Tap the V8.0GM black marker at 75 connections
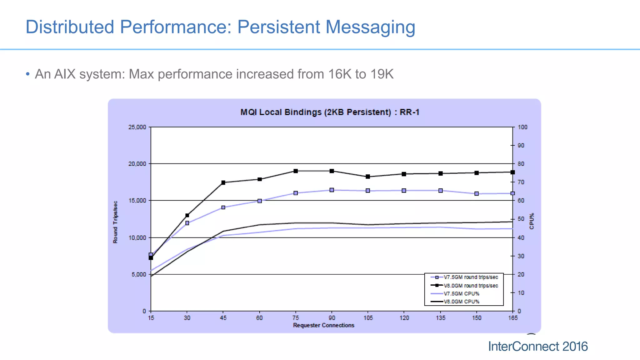[x=296, y=171]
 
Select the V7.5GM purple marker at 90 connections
[x=332, y=190]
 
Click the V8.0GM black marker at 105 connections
[x=368, y=177]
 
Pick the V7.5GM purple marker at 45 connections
[x=223, y=207]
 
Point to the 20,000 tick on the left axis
[x=137, y=164]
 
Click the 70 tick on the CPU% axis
[x=521, y=182]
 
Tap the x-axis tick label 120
[x=404, y=318]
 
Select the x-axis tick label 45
[x=223, y=318]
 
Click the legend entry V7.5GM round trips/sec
[x=470, y=277]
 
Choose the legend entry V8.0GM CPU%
[x=461, y=302]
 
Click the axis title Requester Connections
[x=323, y=325]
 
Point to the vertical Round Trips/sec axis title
[x=115, y=222]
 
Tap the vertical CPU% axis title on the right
[x=532, y=221]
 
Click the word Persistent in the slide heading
[x=279, y=27]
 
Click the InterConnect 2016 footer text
[x=537, y=347]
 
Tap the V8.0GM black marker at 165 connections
[x=512, y=172]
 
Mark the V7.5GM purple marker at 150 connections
[x=477, y=194]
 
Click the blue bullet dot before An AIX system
[x=28, y=74]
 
